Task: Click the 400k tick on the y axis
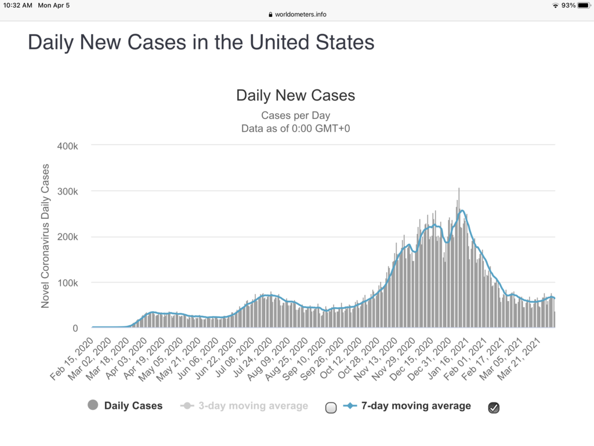[x=67, y=145]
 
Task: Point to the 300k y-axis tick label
[x=67, y=191]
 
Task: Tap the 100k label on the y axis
[x=67, y=283]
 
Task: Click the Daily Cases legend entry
[x=133, y=406]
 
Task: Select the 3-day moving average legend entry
[x=253, y=406]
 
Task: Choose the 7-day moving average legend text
[x=415, y=406]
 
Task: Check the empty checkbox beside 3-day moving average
[x=331, y=408]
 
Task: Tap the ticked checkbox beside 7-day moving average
[x=494, y=408]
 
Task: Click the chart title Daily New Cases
[x=295, y=95]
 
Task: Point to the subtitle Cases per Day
[x=295, y=115]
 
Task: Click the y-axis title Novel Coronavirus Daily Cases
[x=45, y=236]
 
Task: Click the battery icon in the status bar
[x=583, y=5]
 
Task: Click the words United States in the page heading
[x=312, y=42]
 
